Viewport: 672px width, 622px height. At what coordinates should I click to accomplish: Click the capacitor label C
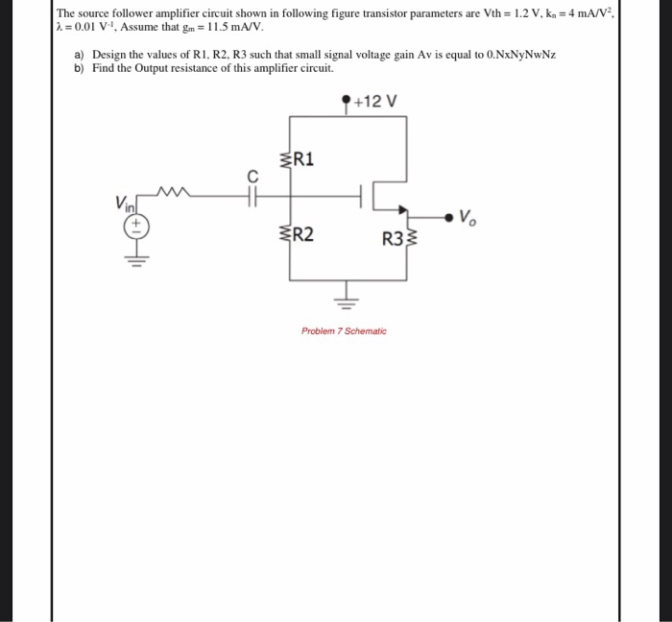(x=252, y=176)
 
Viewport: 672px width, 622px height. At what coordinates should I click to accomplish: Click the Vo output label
(x=468, y=216)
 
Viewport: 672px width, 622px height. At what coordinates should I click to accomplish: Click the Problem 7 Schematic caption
(x=344, y=331)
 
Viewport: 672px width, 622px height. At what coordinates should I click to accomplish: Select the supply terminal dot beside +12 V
(x=346, y=100)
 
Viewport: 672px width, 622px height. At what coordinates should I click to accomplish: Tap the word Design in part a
(x=110, y=56)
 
